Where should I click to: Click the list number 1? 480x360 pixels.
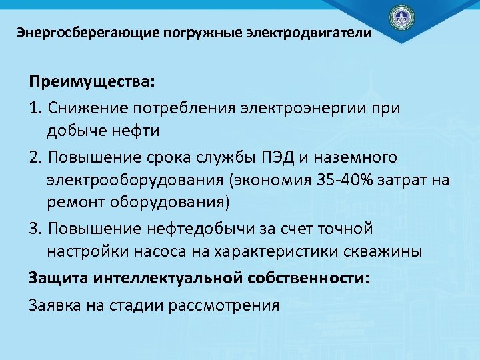coord(35,107)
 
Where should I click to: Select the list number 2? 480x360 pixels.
coord(35,157)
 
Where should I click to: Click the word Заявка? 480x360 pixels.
coord(55,305)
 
